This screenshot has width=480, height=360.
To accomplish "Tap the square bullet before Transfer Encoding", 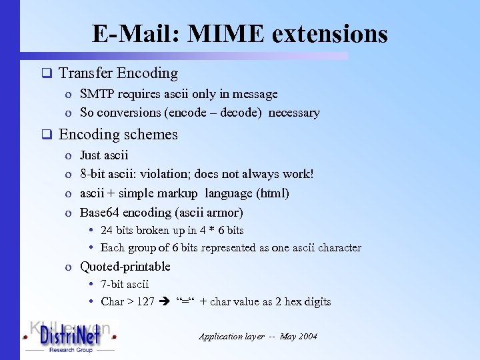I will [x=46, y=73].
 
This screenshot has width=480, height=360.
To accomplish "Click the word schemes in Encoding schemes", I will [x=151, y=134].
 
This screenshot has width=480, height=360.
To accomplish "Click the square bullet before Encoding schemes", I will [x=46, y=135].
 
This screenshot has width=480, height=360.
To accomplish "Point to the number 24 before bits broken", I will [x=106, y=231].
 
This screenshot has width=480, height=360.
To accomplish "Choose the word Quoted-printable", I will [x=125, y=267].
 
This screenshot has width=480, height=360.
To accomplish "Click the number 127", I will [x=145, y=301].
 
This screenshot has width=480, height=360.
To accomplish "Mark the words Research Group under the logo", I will [x=69, y=349].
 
